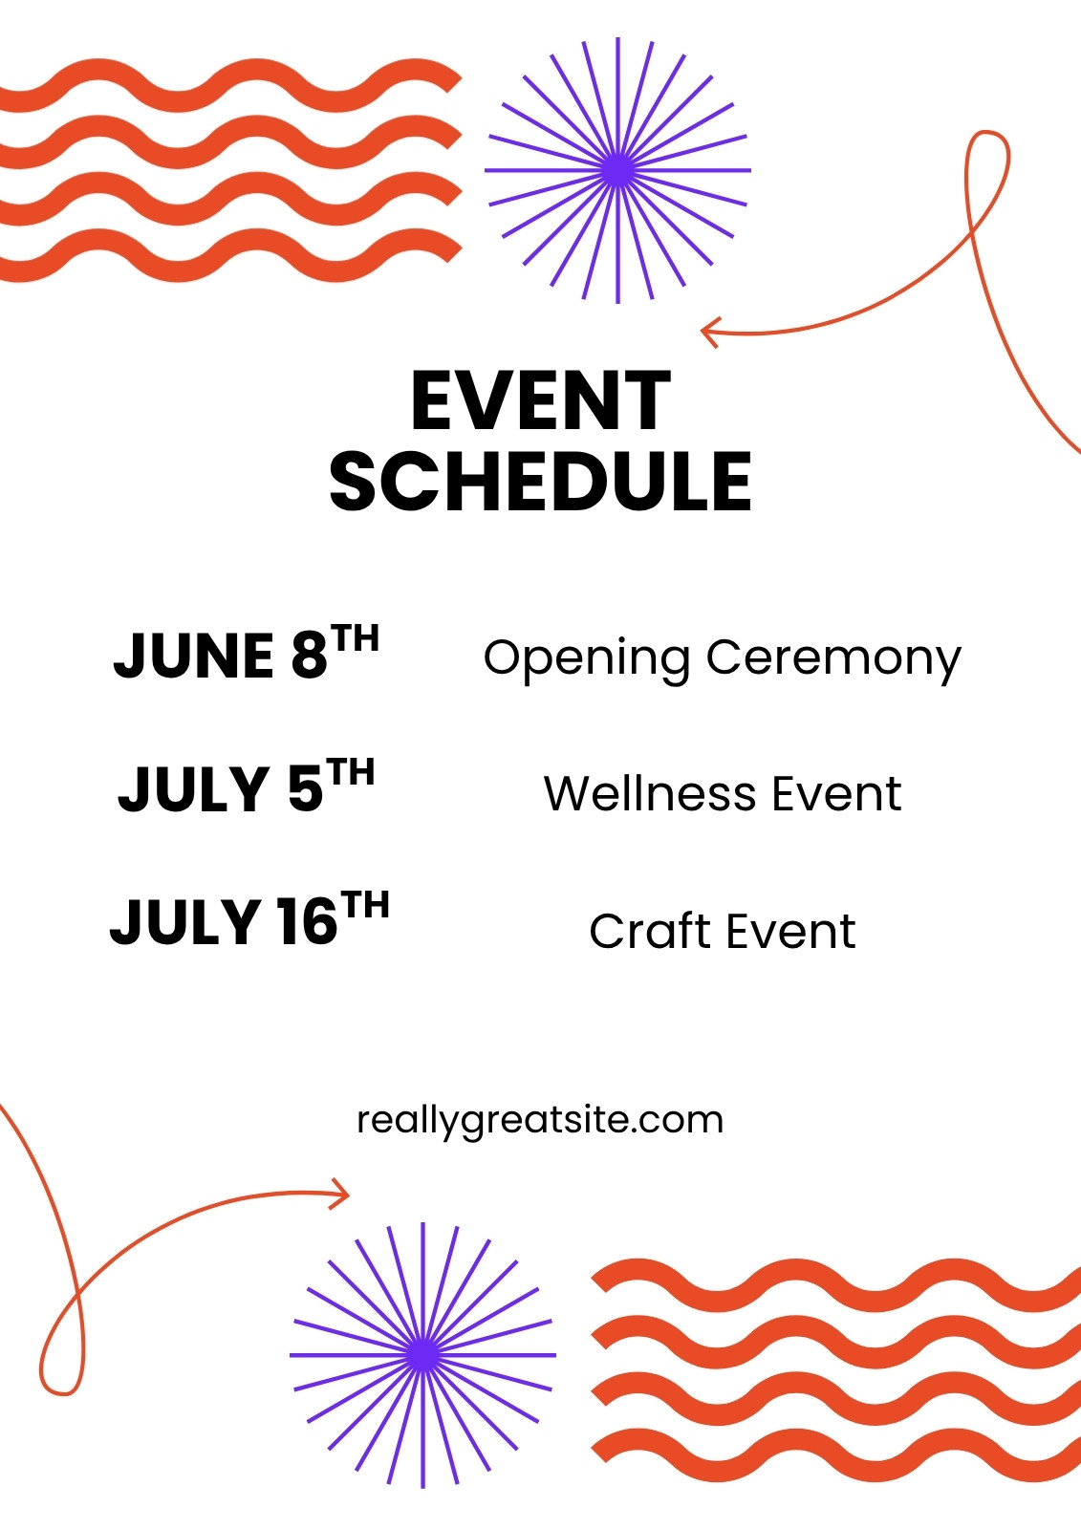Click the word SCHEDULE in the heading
point(540,482)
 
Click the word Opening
point(587,659)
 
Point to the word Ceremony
point(833,659)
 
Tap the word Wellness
point(650,793)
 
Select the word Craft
point(648,931)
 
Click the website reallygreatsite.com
point(540,1120)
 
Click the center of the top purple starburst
point(618,171)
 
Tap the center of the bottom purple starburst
point(423,1355)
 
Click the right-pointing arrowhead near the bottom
point(340,1195)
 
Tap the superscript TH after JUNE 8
point(356,638)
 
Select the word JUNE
point(194,656)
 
